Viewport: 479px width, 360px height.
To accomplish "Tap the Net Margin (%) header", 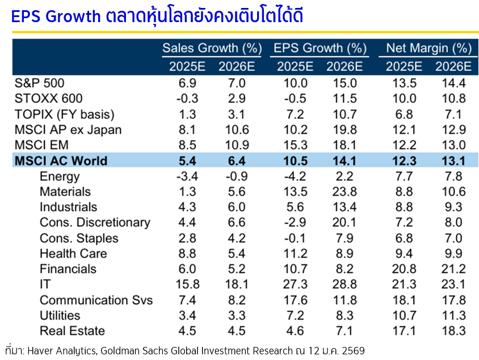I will [x=429, y=48].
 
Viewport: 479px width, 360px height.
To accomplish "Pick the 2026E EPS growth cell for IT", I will [x=345, y=284].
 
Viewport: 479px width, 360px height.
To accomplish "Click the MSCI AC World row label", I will [x=60, y=161].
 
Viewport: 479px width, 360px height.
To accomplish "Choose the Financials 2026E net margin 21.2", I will [x=453, y=269].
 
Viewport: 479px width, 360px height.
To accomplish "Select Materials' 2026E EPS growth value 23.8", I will [x=345, y=192].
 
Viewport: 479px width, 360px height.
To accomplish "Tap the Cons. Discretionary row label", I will [x=95, y=223].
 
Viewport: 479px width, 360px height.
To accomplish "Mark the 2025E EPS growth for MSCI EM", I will [x=295, y=145].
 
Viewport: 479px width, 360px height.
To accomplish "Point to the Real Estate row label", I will [x=72, y=331].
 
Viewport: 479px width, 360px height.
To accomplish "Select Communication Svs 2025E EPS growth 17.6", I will [x=295, y=300].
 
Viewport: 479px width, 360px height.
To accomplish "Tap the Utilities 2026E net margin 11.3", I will [x=453, y=315].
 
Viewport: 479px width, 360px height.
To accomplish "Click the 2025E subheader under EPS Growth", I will [x=295, y=66].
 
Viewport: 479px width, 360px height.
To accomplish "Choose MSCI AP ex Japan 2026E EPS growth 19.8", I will [x=345, y=129].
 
